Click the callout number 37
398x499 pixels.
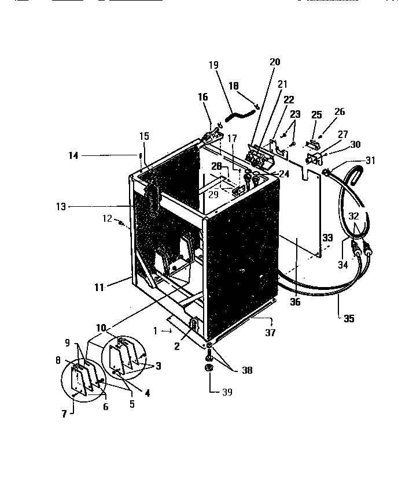click(x=270, y=333)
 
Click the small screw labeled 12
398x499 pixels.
click(x=121, y=222)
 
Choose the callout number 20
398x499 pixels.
click(x=274, y=62)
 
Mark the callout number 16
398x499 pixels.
click(x=203, y=98)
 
